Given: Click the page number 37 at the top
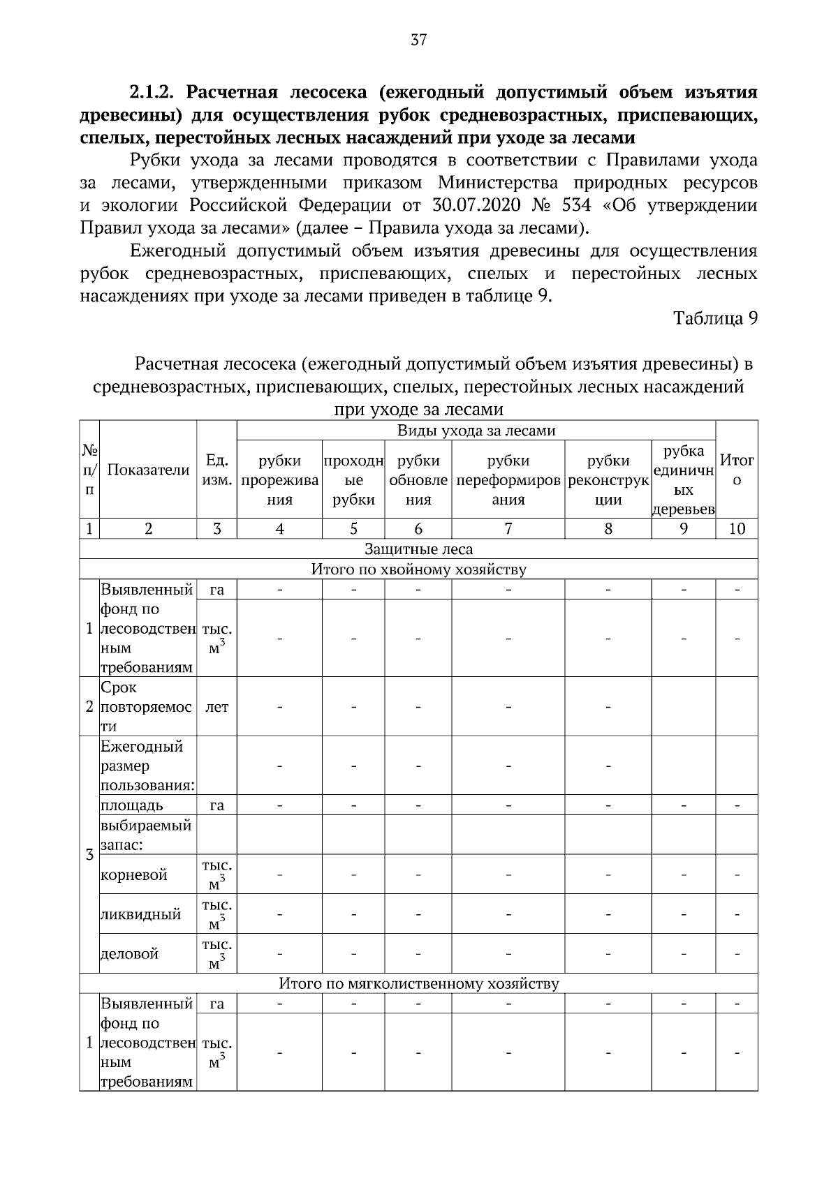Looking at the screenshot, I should point(418,40).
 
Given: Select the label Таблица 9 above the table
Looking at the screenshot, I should point(715,318).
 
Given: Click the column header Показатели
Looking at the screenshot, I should point(148,470).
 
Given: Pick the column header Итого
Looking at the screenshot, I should point(737,470).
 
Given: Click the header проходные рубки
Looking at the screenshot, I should point(353,479).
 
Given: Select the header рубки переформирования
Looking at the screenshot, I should point(508,479).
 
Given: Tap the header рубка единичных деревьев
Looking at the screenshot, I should point(683,479).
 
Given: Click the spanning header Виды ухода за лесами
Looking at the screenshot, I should point(476,431).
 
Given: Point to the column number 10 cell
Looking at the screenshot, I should point(737,528).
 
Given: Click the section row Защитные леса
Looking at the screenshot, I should point(418,549).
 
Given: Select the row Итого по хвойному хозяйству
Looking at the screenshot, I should point(418,569).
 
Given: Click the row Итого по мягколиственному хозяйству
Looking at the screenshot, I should point(418,983).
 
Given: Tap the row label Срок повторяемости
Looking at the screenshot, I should point(147,706).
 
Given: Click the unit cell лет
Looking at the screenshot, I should point(216,706).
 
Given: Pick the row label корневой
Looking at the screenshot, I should point(134,875).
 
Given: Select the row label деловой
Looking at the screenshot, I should point(130,953).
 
